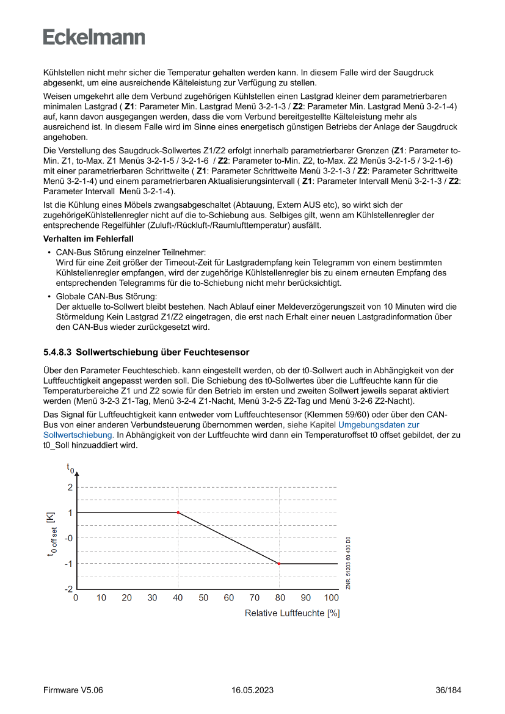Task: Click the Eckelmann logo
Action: click(x=94, y=37)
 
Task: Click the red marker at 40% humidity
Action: click(x=178, y=512)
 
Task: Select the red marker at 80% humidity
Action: click(x=279, y=564)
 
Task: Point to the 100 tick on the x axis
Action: click(x=331, y=597)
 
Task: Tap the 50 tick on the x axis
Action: click(x=203, y=597)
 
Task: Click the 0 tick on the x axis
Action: click(x=76, y=597)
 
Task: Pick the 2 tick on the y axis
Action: click(x=70, y=487)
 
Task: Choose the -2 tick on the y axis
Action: click(x=69, y=589)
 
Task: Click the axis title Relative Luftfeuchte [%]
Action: click(x=292, y=613)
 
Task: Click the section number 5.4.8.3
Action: click(x=57, y=352)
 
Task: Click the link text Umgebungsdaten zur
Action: click(x=379, y=424)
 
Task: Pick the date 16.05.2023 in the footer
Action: click(x=252, y=690)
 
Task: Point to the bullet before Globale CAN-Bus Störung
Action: click(x=49, y=296)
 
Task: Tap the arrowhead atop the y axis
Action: click(x=76, y=471)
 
